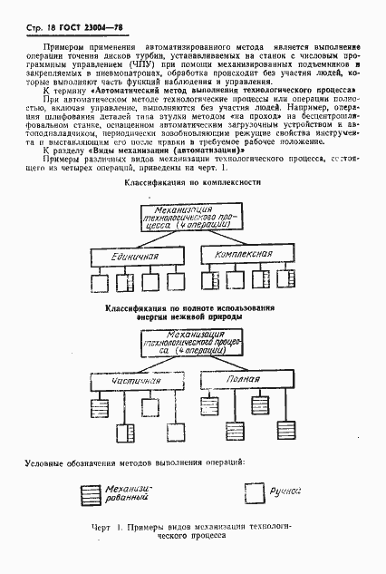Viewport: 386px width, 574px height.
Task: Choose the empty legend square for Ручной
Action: (x=254, y=492)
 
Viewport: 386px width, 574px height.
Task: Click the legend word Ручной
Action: (x=287, y=491)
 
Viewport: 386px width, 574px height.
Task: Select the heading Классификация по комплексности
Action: (x=192, y=182)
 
